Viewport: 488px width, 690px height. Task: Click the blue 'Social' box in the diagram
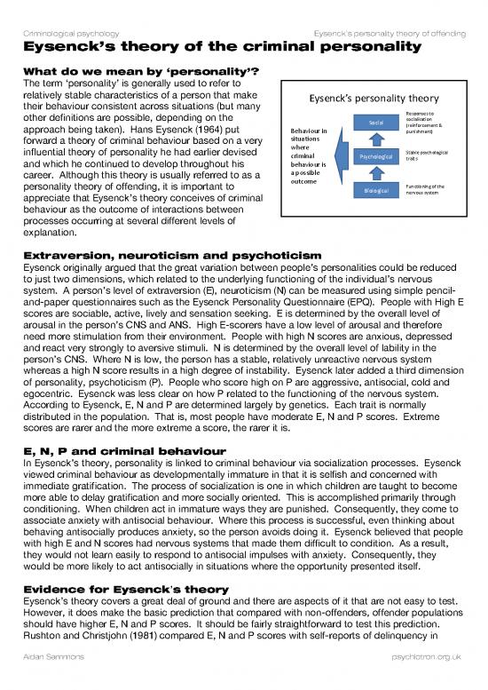point(370,123)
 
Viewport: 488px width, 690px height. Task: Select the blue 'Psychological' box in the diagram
point(370,155)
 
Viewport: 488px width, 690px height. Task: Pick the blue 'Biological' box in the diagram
point(370,188)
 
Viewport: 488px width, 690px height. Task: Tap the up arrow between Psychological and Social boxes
point(370,139)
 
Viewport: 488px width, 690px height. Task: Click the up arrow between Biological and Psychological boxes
point(370,172)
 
